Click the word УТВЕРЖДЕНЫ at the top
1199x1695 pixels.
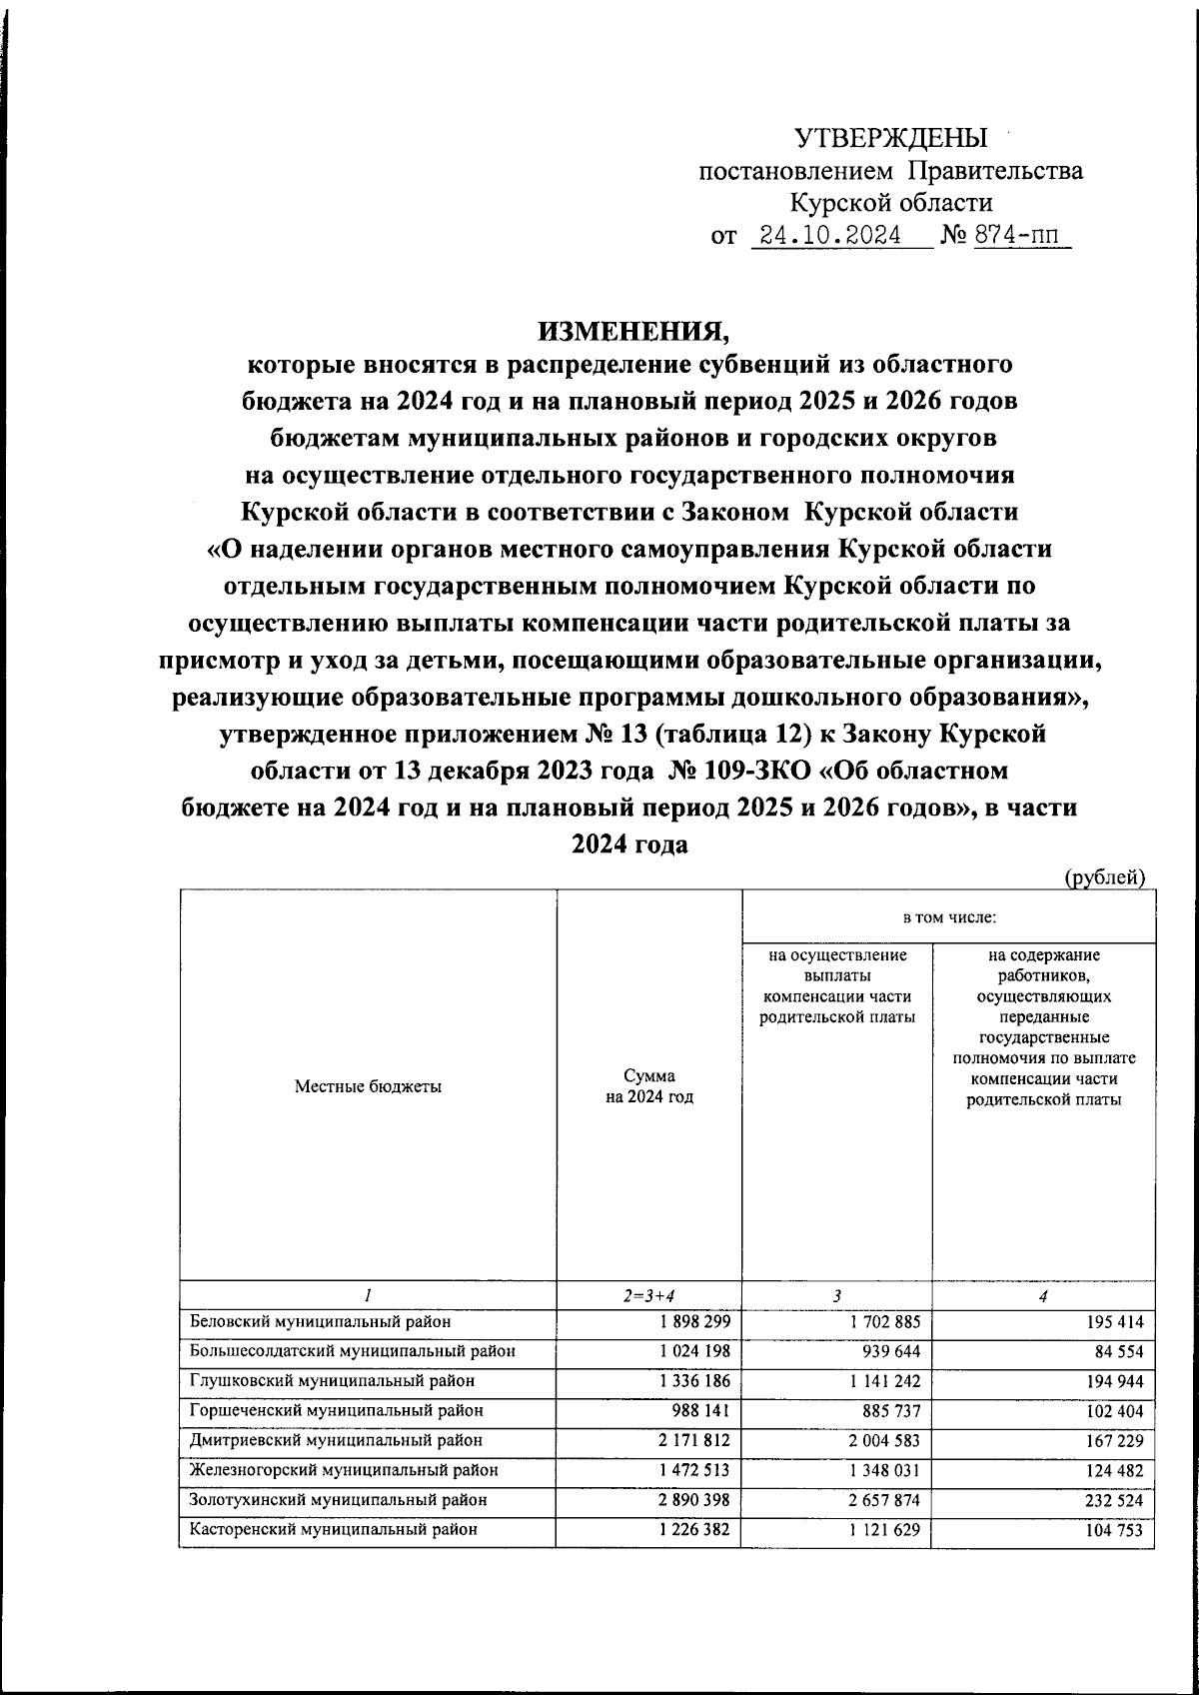pyautogui.click(x=890, y=138)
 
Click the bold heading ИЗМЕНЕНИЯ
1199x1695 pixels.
pyautogui.click(x=630, y=330)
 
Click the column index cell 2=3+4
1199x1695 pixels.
pyautogui.click(x=648, y=1296)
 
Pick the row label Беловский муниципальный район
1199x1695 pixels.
pyautogui.click(x=321, y=1321)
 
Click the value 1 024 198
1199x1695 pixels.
pyautogui.click(x=695, y=1351)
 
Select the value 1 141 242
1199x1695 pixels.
pyautogui.click(x=883, y=1381)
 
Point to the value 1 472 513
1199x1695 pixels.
pyautogui.click(x=695, y=1470)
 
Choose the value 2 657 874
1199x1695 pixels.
pyautogui.click(x=883, y=1500)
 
